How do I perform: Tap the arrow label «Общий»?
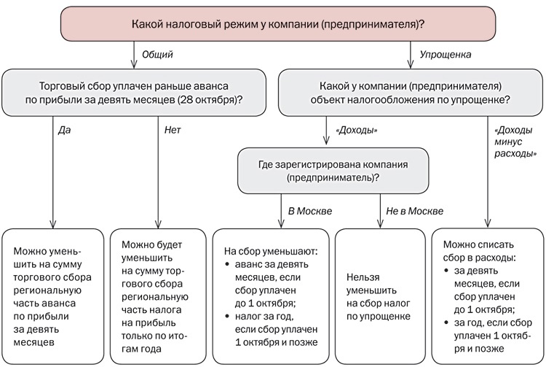[158, 55]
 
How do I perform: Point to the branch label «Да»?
[65, 130]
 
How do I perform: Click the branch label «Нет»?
[173, 130]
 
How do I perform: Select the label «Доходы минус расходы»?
[516, 142]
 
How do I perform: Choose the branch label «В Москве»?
[310, 211]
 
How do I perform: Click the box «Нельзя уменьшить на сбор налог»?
[379, 295]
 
